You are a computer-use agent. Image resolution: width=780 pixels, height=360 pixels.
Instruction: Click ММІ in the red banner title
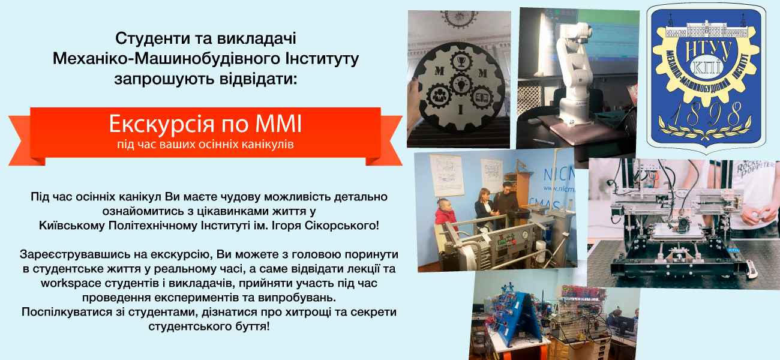(x=278, y=124)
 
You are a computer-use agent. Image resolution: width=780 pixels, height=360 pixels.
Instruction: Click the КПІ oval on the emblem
(x=706, y=67)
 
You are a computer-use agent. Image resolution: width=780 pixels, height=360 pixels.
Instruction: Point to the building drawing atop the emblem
(x=707, y=28)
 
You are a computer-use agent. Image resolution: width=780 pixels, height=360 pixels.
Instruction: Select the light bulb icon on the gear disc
(x=460, y=84)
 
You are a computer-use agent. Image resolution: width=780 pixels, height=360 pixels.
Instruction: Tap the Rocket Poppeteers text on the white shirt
(x=755, y=168)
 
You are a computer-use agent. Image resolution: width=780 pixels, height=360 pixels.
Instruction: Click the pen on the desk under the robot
(x=543, y=140)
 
